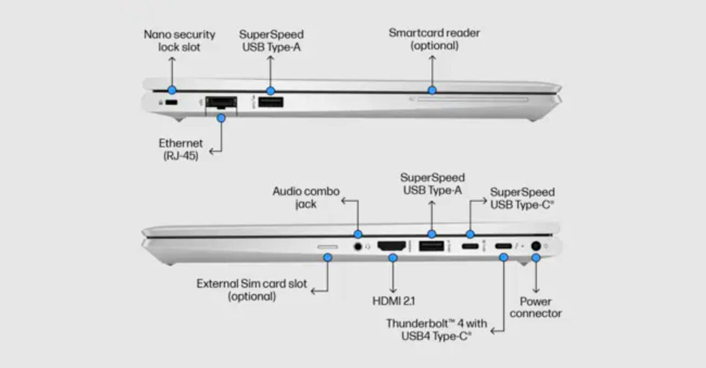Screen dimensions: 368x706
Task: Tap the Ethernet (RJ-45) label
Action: coord(181,150)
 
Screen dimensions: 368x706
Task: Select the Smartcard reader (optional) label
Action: coord(434,39)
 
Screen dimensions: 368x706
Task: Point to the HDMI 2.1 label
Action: coord(394,301)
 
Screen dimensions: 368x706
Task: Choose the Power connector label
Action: coord(535,307)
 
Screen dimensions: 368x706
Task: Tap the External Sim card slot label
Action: coord(252,290)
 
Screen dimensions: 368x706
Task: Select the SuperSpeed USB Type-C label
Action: coord(522,198)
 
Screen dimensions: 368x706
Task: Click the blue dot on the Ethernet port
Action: coord(221,118)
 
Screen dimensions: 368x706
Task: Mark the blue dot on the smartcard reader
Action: coord(432,90)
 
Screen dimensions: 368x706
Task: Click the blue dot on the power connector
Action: coord(535,257)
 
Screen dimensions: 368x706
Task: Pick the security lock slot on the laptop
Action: coord(171,103)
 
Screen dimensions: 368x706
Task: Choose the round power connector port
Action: coord(535,246)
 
